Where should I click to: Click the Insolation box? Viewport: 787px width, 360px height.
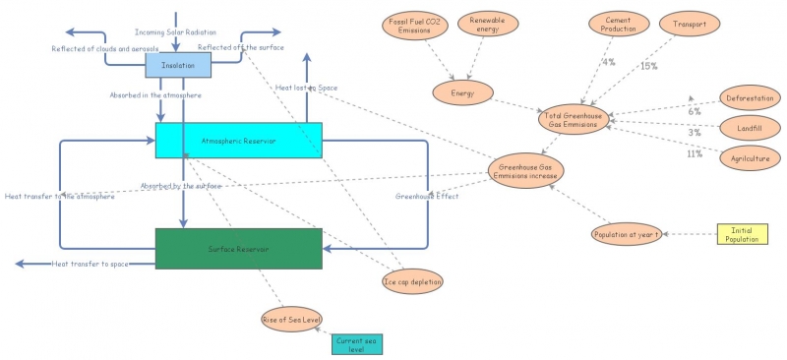(178, 65)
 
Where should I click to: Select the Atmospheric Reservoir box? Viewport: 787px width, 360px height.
(238, 141)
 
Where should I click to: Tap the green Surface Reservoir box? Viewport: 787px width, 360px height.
(238, 249)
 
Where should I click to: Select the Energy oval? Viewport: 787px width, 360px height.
(462, 92)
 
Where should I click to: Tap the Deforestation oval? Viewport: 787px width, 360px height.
(749, 97)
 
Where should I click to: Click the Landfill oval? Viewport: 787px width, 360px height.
(749, 128)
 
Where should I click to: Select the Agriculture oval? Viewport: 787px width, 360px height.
(749, 157)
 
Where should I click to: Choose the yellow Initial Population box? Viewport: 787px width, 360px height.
(741, 234)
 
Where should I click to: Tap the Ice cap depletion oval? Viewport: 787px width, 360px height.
(412, 281)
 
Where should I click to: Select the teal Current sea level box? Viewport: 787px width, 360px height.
(356, 343)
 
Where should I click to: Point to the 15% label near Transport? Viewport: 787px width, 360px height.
(648, 66)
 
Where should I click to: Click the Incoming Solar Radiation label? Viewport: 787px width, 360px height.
(175, 32)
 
